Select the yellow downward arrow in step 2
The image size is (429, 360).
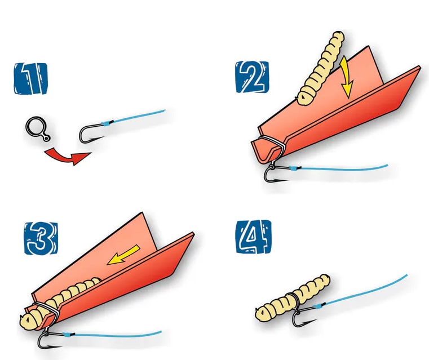click(x=346, y=79)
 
